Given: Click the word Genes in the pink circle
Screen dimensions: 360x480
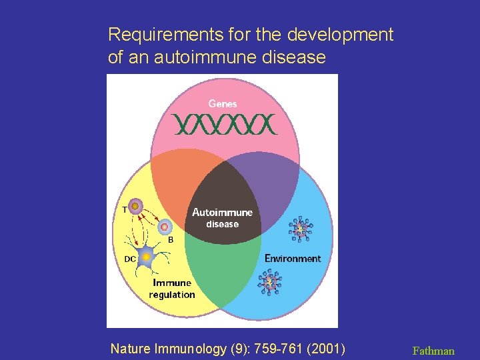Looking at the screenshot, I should (x=222, y=103).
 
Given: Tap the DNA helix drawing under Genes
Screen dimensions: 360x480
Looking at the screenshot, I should (x=224, y=124).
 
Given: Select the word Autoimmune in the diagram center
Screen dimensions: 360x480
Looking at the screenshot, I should (x=222, y=212).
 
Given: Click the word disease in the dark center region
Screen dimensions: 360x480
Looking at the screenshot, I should (x=222, y=224).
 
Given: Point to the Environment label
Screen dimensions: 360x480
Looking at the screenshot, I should (x=293, y=258).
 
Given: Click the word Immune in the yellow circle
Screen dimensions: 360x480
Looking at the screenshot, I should (x=172, y=283).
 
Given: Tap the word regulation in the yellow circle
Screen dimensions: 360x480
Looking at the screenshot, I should (x=172, y=295).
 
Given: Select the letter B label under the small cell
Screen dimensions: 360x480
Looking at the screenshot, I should (x=171, y=239).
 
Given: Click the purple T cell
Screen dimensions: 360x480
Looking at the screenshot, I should (x=135, y=207).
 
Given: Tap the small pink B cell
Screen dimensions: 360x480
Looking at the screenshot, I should (x=164, y=227).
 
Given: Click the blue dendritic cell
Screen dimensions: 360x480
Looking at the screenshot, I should (x=146, y=257).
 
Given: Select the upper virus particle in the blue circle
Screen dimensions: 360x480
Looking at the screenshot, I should (x=300, y=230).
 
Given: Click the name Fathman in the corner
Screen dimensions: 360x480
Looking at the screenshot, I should (x=433, y=350).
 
